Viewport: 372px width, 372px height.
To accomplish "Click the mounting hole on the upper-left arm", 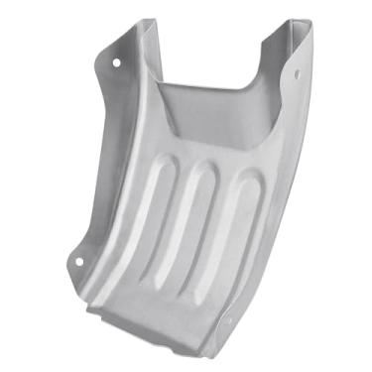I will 117,62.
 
